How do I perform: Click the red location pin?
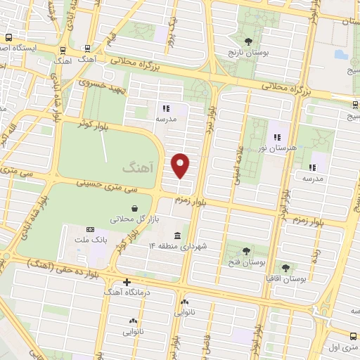(181, 165)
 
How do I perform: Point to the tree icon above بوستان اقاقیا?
(285, 267)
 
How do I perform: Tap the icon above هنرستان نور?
(276, 136)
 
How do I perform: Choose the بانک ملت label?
(91, 240)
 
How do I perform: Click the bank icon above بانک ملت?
(91, 229)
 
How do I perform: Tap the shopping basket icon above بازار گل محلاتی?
(134, 208)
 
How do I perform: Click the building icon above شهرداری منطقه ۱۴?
(176, 235)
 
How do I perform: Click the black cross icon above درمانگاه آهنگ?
(127, 283)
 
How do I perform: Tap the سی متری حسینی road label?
(101, 186)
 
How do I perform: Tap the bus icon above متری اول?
(352, 335)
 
